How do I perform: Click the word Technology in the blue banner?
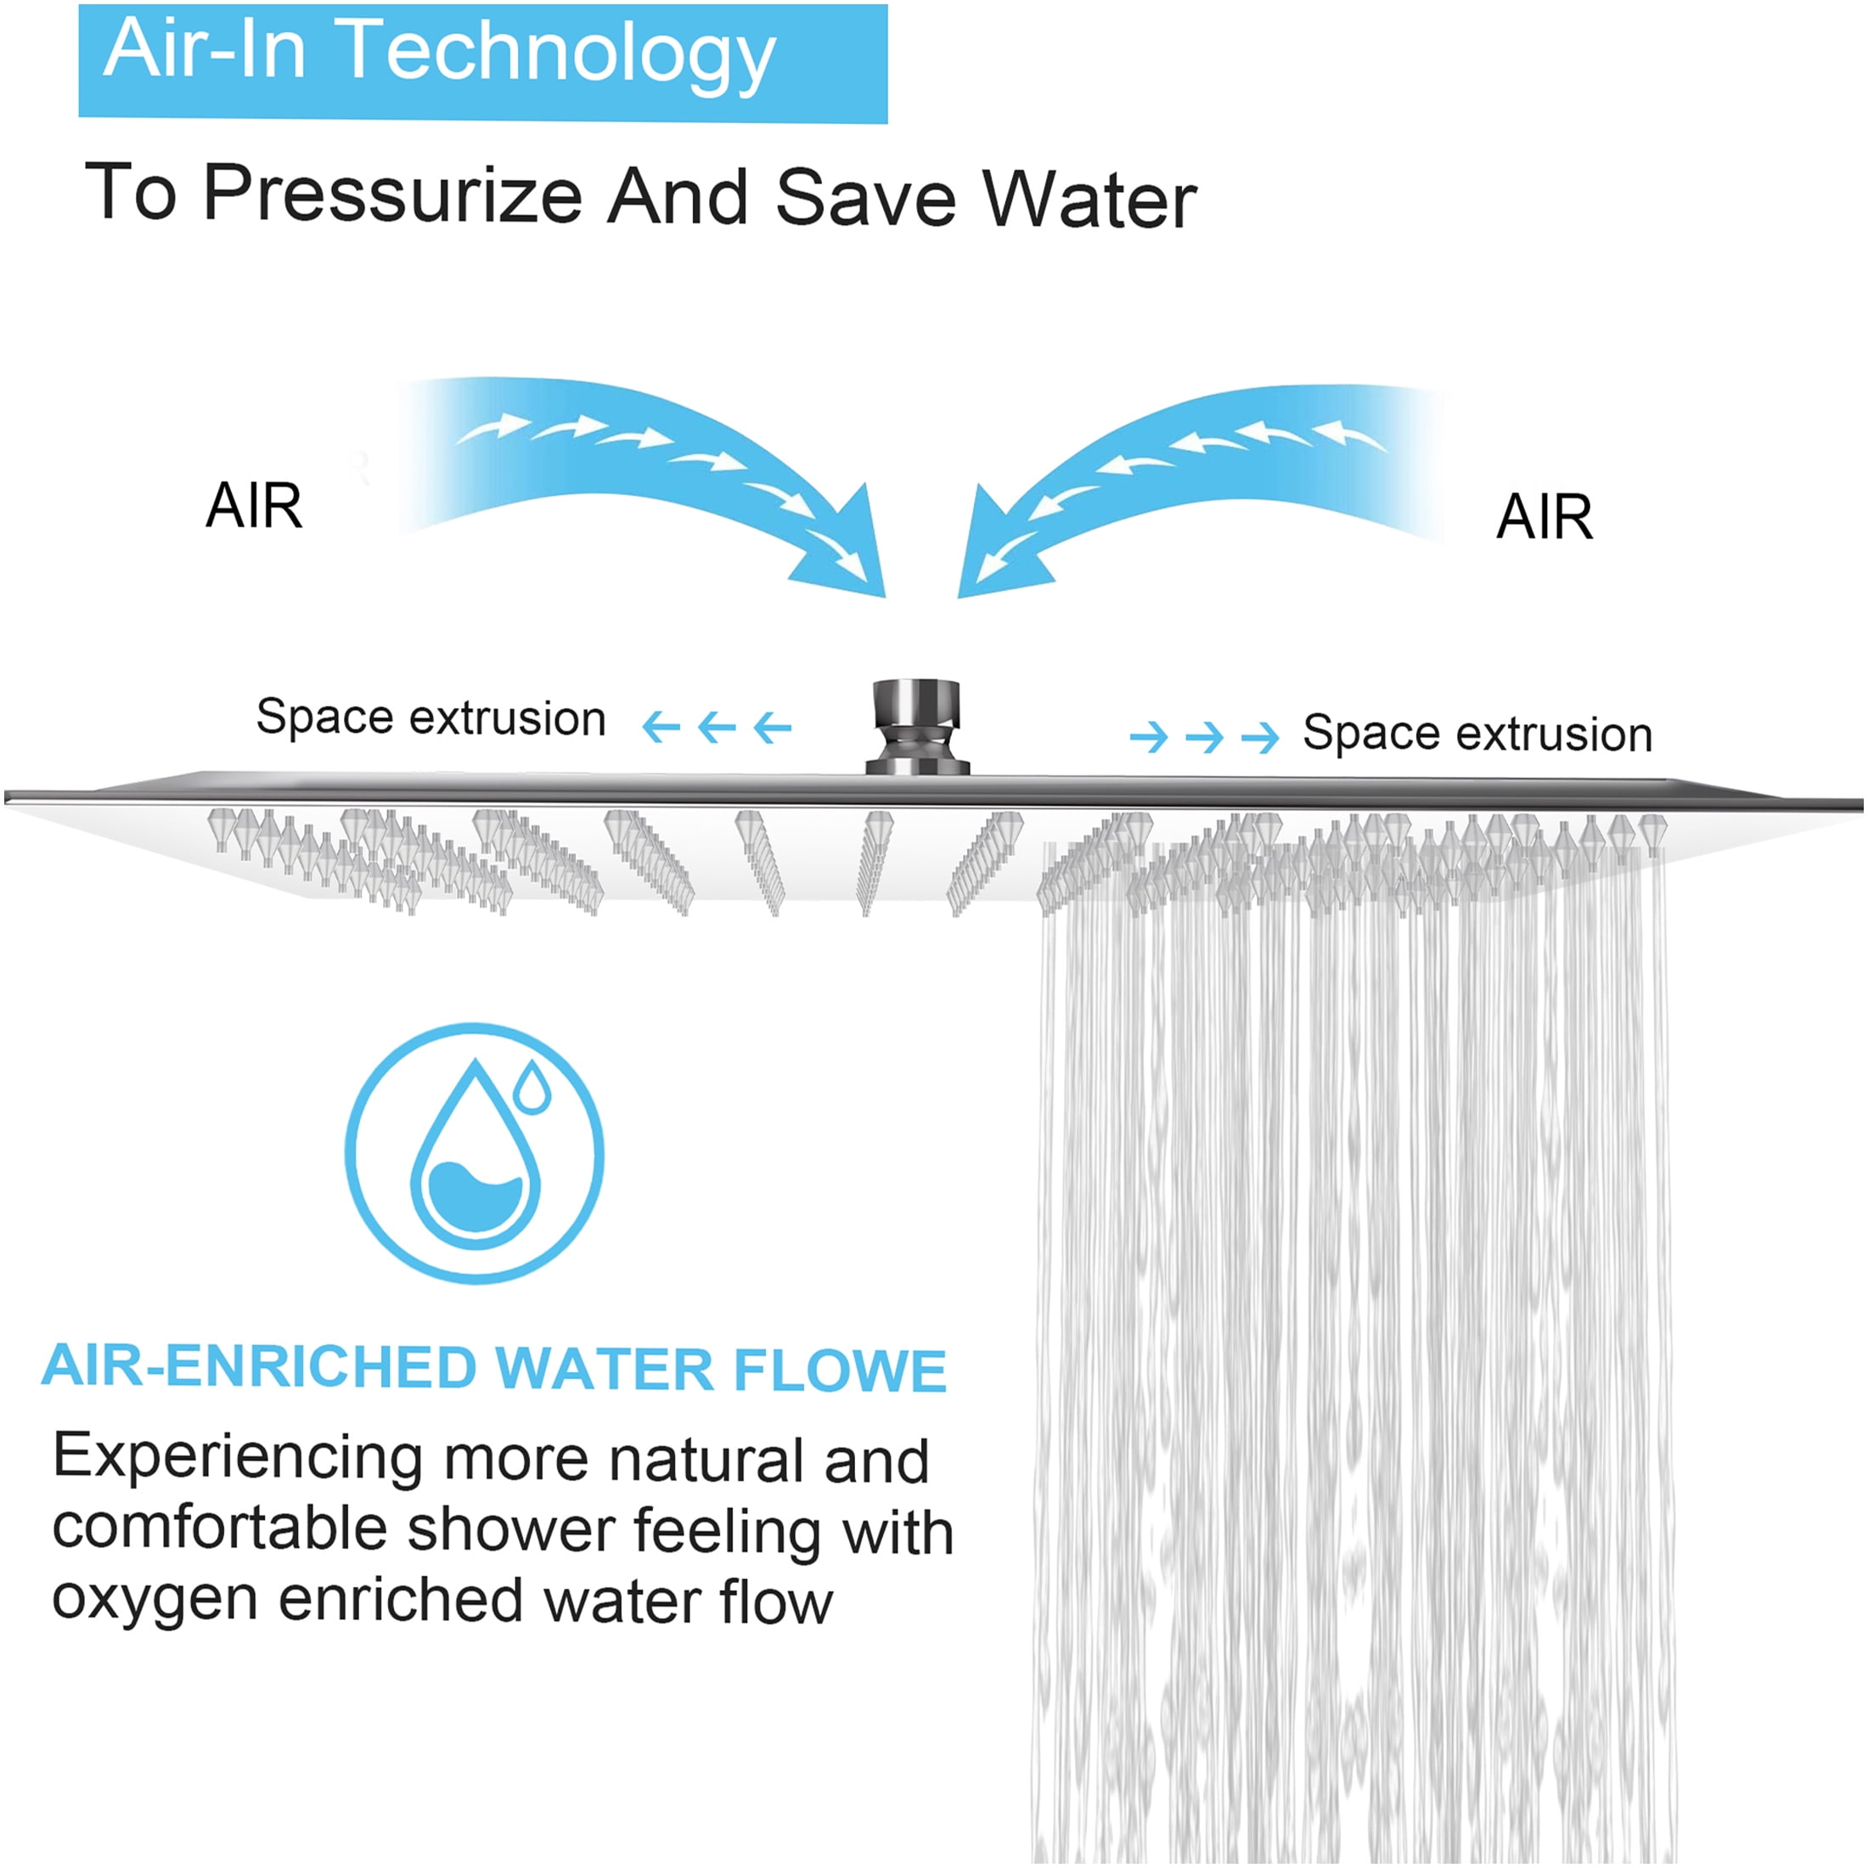coord(558,55)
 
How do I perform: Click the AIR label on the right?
coord(1544,516)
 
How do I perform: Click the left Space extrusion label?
coord(431,718)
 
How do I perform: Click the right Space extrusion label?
coord(1477,734)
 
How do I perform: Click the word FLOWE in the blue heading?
coord(839,1370)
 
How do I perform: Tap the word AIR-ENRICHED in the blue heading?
coord(259,1366)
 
